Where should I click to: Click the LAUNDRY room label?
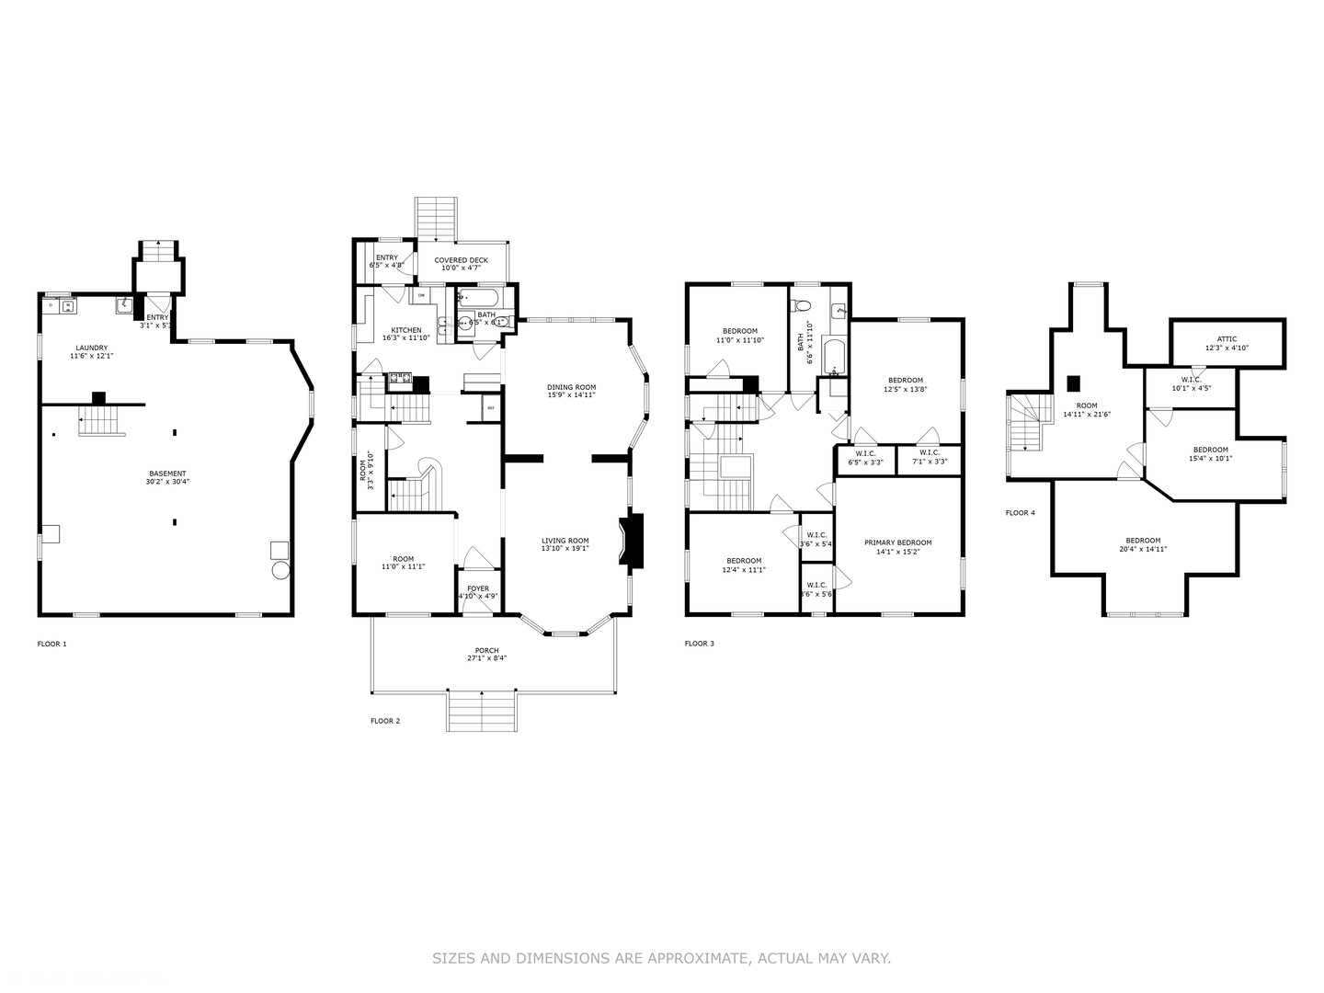coord(91,348)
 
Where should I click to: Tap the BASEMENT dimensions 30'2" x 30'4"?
coord(167,482)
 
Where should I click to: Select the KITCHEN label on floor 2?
coord(406,330)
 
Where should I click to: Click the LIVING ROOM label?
coord(565,541)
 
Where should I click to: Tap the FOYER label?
coord(478,588)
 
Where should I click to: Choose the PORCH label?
coord(486,651)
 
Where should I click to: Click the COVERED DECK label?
coord(462,260)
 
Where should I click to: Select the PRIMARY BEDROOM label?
coord(897,542)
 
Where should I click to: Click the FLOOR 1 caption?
coord(51,644)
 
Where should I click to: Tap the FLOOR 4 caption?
coord(1020,512)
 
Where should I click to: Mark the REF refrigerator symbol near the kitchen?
coord(490,407)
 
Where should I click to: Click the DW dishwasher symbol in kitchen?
coord(421,295)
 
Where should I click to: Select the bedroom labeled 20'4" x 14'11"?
coord(1143,541)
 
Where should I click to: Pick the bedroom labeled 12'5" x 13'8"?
coord(905,380)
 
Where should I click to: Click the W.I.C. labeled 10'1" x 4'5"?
coord(1191,379)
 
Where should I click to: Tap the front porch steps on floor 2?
coord(481,710)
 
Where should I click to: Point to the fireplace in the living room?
coord(633,542)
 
